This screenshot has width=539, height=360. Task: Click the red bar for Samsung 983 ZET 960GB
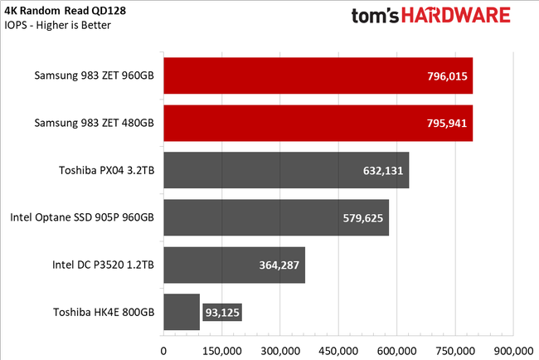coord(318,76)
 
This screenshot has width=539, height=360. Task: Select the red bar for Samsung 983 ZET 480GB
coord(318,124)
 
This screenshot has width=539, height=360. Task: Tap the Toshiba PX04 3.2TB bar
coord(286,171)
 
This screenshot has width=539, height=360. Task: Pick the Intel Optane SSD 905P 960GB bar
coord(276,218)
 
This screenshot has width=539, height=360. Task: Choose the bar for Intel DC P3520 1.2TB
coord(234,265)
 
